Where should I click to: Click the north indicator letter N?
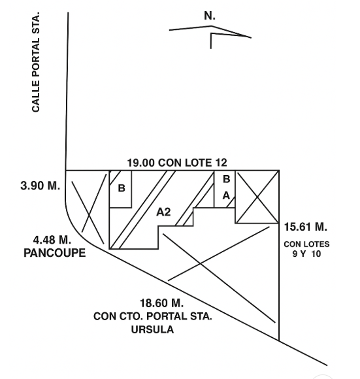(x=209, y=16)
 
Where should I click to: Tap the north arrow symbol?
(x=211, y=36)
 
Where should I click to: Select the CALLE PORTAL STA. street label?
(x=35, y=62)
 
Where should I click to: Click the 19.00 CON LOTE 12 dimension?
(x=177, y=163)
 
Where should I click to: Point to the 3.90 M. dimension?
(x=40, y=186)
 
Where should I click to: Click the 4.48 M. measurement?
(x=52, y=240)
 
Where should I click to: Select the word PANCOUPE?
(x=55, y=253)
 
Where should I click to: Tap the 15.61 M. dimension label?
(x=305, y=227)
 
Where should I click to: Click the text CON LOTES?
(x=306, y=244)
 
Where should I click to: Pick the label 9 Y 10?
(x=306, y=254)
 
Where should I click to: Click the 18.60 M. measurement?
(x=161, y=303)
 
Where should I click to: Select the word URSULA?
(x=152, y=329)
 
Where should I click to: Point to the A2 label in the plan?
(x=163, y=212)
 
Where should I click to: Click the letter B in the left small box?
(x=122, y=188)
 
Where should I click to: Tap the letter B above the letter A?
(x=227, y=179)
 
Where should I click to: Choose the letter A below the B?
(x=226, y=195)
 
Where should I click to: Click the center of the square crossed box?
(x=257, y=197)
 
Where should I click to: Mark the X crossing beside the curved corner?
(x=90, y=215)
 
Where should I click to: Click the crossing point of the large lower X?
(x=201, y=263)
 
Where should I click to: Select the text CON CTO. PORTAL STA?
(x=152, y=316)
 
